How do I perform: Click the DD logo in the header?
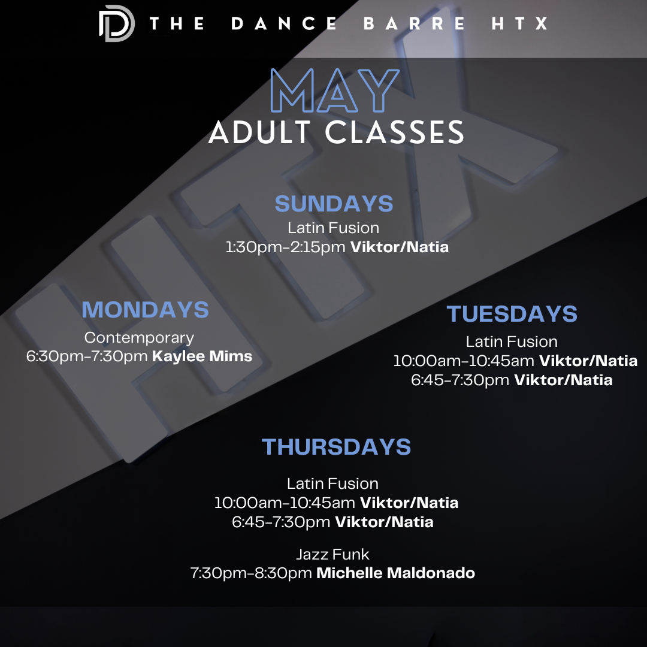(116, 24)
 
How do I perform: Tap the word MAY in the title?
(335, 91)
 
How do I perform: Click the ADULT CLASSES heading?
(336, 132)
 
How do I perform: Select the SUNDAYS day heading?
(334, 204)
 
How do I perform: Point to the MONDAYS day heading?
(145, 310)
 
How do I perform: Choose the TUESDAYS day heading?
(512, 314)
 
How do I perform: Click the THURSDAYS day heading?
(336, 447)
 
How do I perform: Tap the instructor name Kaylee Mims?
(202, 356)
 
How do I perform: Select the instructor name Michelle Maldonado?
(395, 573)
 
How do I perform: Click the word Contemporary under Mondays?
(139, 338)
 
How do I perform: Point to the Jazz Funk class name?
(332, 554)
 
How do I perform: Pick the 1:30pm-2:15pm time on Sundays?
(286, 247)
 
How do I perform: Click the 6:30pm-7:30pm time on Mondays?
(87, 356)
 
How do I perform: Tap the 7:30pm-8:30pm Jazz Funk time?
(251, 573)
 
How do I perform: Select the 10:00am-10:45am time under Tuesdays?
(464, 361)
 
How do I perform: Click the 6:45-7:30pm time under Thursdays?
(281, 522)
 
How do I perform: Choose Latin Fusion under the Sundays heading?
(333, 228)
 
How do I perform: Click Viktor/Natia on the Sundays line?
(399, 247)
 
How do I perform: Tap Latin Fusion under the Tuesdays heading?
(512, 342)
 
